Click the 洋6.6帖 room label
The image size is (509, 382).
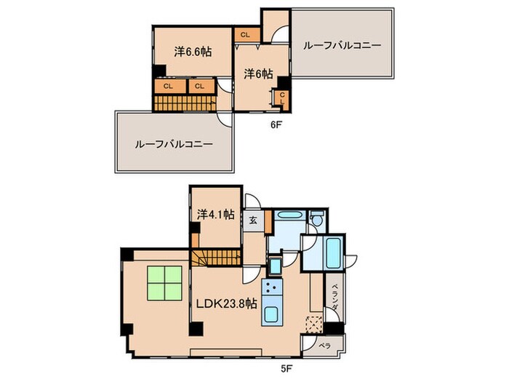pyautogui.click(x=193, y=52)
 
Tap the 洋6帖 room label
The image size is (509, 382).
pyautogui.click(x=258, y=73)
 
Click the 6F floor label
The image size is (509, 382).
pyautogui.click(x=276, y=124)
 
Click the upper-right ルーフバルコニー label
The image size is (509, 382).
pyautogui.click(x=342, y=45)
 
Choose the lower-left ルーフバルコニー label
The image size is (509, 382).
pyautogui.click(x=173, y=144)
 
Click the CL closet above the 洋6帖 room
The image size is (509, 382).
pyautogui.click(x=245, y=33)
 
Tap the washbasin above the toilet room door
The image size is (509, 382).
pyautogui.click(x=288, y=216)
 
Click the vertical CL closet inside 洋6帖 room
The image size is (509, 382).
pyautogui.click(x=281, y=98)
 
